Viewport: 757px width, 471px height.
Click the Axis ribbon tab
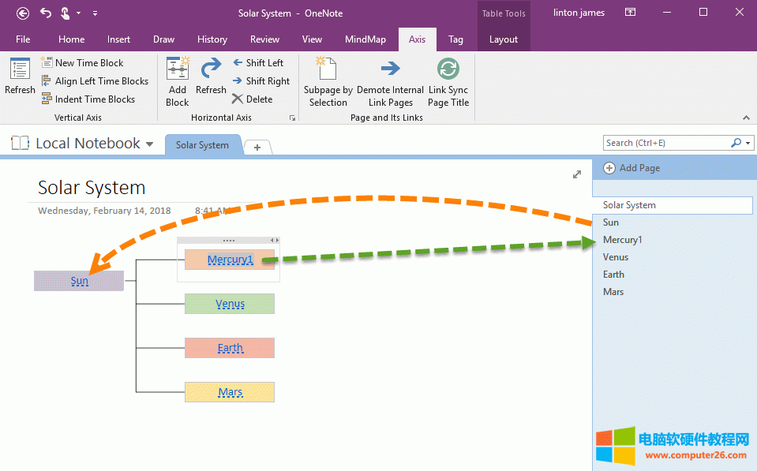(x=417, y=39)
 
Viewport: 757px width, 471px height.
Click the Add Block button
(x=178, y=82)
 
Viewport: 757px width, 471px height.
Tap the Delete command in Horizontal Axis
(x=253, y=99)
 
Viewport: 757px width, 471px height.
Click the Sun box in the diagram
(x=79, y=281)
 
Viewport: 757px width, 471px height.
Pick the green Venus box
(x=230, y=304)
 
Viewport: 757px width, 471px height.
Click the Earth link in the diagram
(x=230, y=348)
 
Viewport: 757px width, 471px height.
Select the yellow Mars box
(x=230, y=392)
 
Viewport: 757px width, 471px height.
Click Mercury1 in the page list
(x=623, y=240)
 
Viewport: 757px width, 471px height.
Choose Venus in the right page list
(x=616, y=257)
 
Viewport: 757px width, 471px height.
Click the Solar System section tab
(x=202, y=145)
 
